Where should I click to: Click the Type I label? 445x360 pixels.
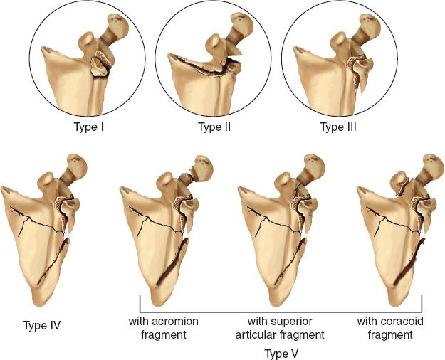tap(88, 127)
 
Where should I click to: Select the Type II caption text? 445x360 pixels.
tap(214, 127)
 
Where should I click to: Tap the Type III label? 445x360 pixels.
tap(338, 127)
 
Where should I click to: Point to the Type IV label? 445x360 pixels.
tap(42, 325)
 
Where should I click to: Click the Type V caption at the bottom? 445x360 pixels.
tap(281, 354)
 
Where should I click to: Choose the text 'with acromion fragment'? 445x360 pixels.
tap(164, 328)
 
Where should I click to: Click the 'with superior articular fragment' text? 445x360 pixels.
tap(280, 328)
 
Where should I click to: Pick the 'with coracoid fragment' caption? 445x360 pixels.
tap(390, 328)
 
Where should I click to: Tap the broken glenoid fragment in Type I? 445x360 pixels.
tap(100, 67)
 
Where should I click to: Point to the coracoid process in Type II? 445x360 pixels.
tap(215, 41)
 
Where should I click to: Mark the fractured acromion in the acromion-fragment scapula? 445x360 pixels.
tap(201, 168)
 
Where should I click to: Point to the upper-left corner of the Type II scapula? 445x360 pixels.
tap(169, 55)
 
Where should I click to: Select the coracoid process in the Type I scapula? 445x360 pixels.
tap(87, 40)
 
